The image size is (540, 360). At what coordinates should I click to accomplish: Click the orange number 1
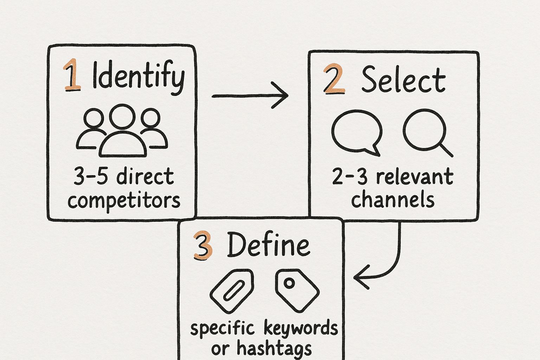coord(72,75)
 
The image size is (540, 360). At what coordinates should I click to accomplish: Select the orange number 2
coord(334,79)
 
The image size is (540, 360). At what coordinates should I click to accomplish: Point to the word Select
coord(404,80)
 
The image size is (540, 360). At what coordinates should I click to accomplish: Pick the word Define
coord(268,245)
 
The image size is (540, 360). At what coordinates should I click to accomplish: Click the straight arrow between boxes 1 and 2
coord(250,95)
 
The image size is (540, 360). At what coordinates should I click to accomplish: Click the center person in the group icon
coord(122,132)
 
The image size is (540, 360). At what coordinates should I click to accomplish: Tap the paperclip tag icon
coord(232,291)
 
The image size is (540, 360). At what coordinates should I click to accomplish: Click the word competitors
coord(124,201)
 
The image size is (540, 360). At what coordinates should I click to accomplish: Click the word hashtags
coord(274,349)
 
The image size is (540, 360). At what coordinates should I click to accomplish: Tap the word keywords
coord(301,328)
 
